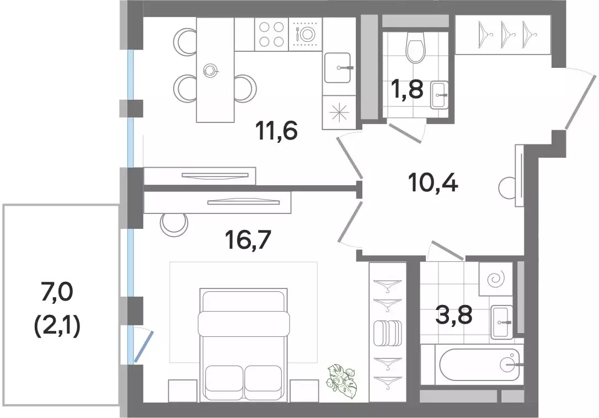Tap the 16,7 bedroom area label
coord(248,240)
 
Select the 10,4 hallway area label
coord(433,183)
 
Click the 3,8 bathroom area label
coord(454,315)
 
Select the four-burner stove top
coord(271,34)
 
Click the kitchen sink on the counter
coord(338,68)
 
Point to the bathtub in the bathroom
coord(479,365)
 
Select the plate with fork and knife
coord(304,34)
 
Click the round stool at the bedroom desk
coord(174,224)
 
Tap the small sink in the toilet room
coord(440,95)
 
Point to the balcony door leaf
coord(143,346)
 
